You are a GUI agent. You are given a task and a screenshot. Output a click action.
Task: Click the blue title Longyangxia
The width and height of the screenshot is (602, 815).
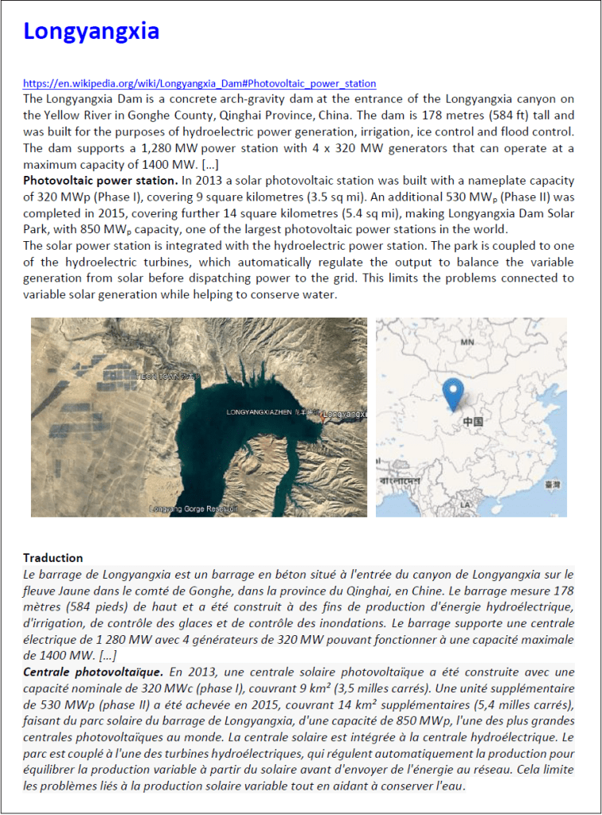coord(91,31)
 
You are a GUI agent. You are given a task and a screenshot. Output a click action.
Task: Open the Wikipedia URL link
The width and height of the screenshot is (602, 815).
coord(199,84)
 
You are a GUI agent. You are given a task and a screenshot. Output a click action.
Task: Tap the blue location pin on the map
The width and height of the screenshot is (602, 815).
coord(454,392)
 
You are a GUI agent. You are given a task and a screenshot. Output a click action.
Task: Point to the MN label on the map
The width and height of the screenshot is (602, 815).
coord(468,341)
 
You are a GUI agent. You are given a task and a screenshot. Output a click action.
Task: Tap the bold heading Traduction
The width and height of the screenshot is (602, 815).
coord(53,558)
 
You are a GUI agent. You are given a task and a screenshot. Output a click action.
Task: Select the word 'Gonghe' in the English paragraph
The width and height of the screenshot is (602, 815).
coord(170,115)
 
